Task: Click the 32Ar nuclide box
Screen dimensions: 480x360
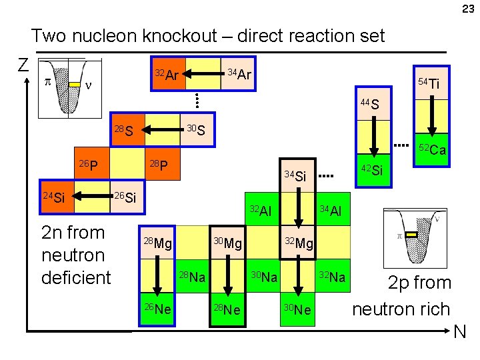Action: [169, 73]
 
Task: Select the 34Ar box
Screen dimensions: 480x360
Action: [237, 73]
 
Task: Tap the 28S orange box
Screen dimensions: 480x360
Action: [128, 130]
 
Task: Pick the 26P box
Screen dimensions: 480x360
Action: [92, 163]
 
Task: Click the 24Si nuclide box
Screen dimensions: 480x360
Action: [57, 197]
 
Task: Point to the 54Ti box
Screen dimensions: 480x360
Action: [431, 83]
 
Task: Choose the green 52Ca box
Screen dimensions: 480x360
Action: [431, 149]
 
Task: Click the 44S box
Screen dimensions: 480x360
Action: [373, 104]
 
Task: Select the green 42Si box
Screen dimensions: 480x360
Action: [373, 170]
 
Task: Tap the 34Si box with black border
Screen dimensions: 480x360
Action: [297, 176]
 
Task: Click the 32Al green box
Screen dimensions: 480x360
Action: [262, 209]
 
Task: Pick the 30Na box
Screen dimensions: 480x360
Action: [263, 276]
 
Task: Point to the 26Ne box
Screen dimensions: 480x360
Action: [157, 309]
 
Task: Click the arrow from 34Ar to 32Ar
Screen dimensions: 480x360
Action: [203, 74]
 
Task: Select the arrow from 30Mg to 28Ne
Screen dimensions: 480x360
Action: [228, 275]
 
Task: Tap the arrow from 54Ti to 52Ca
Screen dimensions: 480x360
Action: [431, 116]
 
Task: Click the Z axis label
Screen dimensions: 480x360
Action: [23, 65]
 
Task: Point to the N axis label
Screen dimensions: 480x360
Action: [460, 332]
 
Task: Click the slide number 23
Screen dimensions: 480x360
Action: [468, 9]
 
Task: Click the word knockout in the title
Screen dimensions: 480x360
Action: [180, 35]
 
